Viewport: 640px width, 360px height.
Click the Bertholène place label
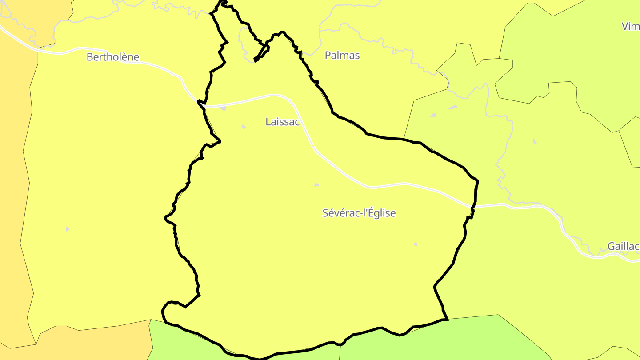coord(113,57)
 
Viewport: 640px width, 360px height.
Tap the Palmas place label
coord(342,56)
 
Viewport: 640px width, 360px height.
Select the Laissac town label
coord(283,121)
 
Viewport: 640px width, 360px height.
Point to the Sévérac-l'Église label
coord(359,213)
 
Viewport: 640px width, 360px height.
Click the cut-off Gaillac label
coord(624,246)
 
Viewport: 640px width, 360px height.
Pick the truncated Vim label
coord(631,26)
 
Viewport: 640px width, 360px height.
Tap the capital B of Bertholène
coord(90,57)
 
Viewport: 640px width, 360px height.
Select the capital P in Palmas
coord(328,56)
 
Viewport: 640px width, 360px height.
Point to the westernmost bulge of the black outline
coord(165,218)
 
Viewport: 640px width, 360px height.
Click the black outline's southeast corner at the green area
coord(446,319)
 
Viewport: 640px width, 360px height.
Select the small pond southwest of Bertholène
coord(68,229)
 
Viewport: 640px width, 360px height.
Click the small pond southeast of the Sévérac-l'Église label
coord(416,244)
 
